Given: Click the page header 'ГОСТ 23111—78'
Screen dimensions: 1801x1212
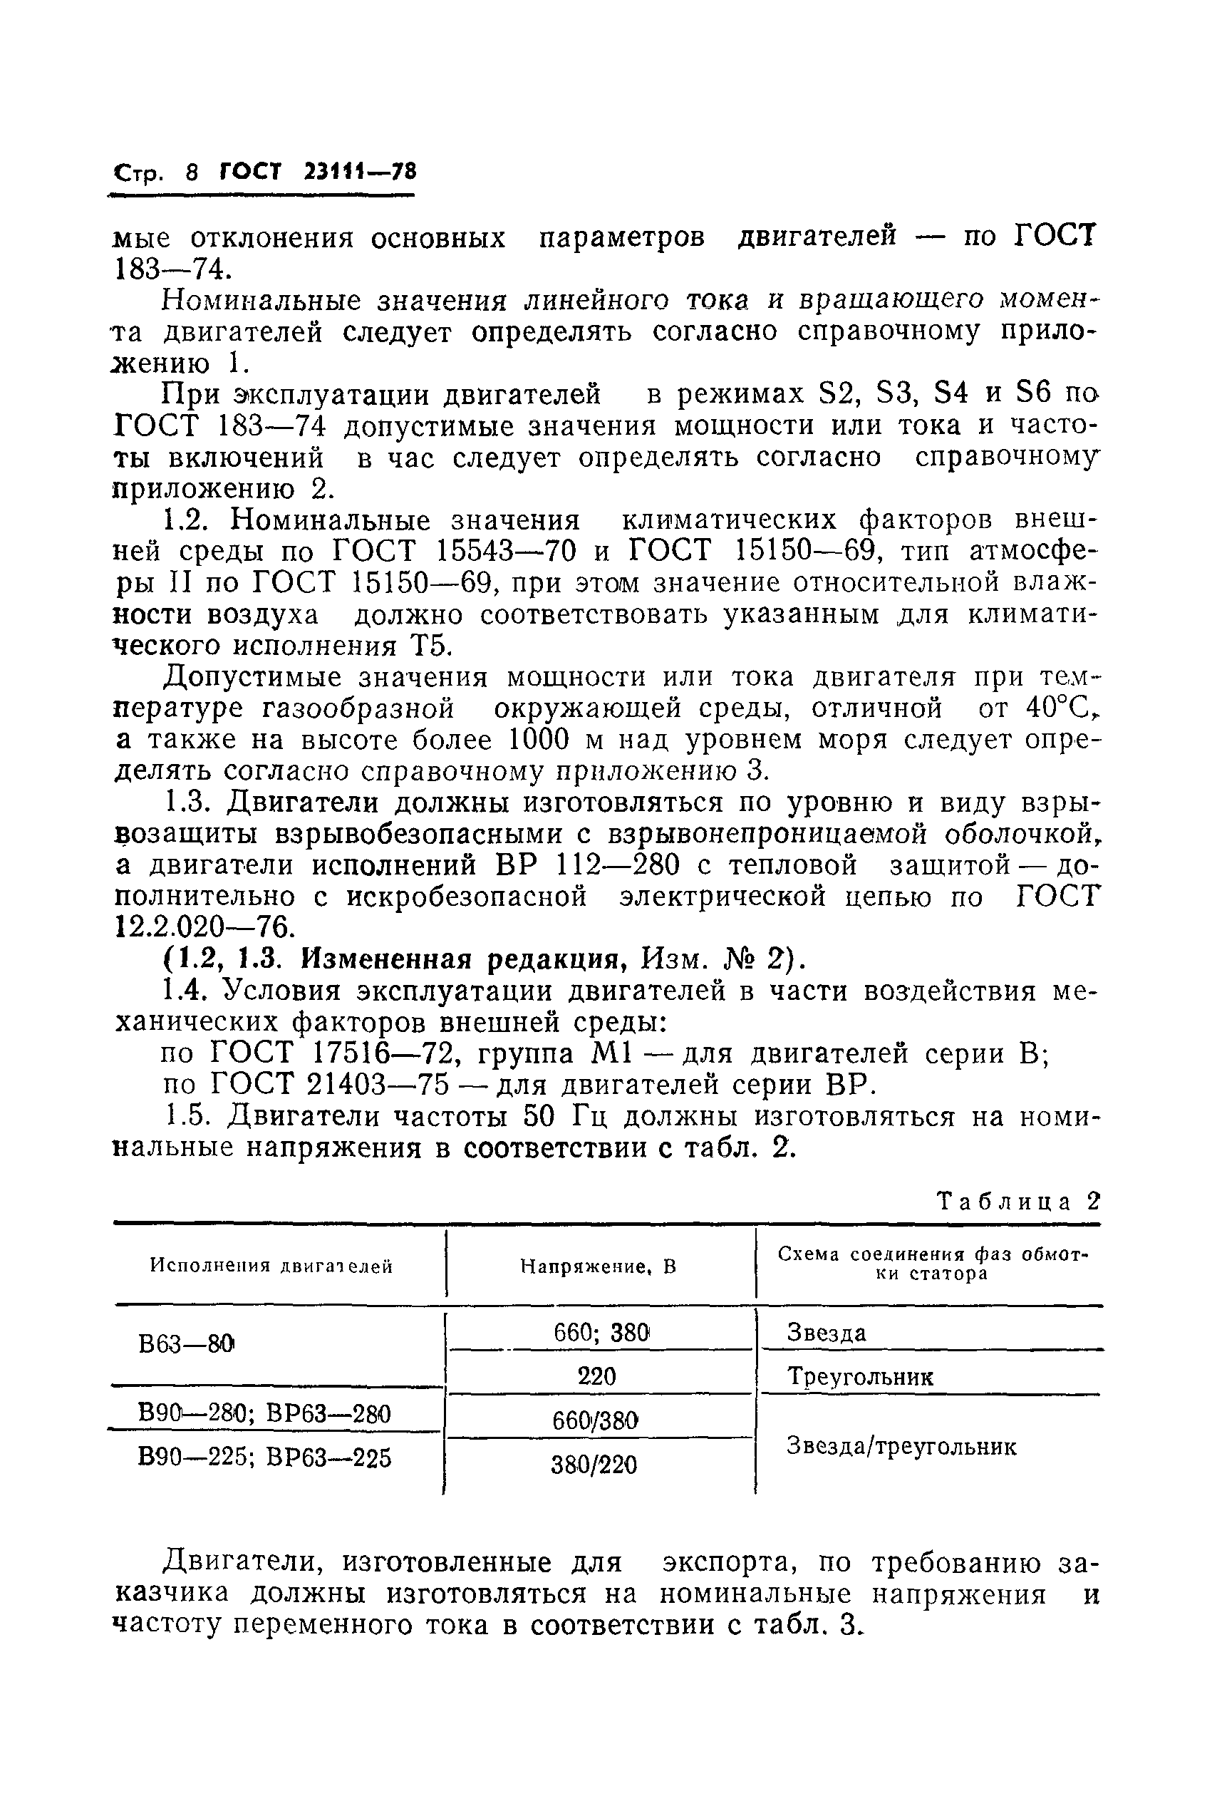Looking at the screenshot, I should tap(318, 171).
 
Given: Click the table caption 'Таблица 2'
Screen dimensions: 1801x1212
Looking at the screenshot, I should tap(1017, 1201).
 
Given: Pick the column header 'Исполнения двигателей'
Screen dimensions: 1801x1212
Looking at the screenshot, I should tap(271, 1266).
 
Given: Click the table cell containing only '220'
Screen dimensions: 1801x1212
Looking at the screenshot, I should tap(596, 1376).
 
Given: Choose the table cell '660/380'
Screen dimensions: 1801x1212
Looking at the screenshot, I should tap(595, 1420).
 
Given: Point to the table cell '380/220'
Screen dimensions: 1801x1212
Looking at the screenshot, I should tap(594, 1464).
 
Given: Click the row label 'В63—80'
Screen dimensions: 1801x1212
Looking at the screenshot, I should tap(185, 1345).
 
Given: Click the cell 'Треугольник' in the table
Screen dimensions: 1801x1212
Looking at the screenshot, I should tap(859, 1377).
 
